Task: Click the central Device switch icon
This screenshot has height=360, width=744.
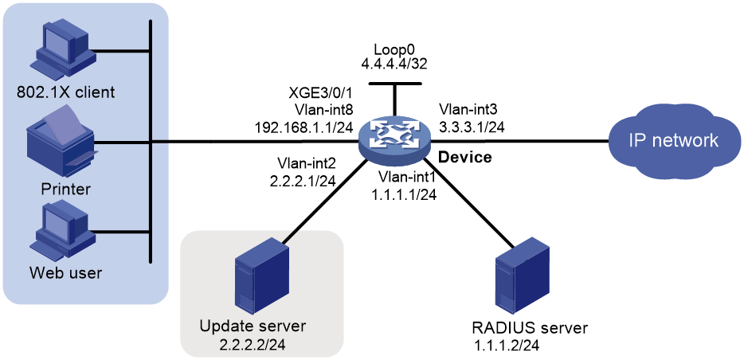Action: tap(394, 141)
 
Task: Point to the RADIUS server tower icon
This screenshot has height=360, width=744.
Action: tap(522, 277)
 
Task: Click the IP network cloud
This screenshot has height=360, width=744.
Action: tap(673, 141)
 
